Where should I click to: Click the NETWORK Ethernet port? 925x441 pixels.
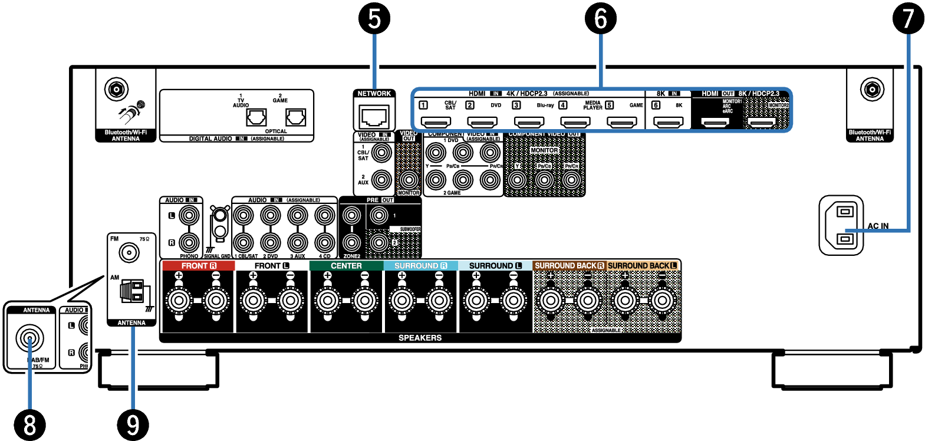pos(374,117)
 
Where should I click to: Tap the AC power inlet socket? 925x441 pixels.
pos(841,225)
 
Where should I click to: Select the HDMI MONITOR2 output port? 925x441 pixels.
pos(761,123)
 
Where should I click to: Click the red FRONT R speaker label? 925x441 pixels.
pos(198,266)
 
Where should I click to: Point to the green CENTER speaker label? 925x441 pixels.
pos(346,266)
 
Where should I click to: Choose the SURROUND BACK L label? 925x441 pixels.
pos(643,266)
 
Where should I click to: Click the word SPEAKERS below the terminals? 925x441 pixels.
pos(420,338)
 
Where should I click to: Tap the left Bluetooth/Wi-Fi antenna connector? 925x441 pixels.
pos(117,90)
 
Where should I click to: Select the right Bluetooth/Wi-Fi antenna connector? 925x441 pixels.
pos(872,90)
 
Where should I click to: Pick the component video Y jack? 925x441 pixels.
pos(517,180)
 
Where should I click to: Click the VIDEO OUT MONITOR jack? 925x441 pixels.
pos(409,180)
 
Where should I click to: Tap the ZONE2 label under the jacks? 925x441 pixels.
pos(351,256)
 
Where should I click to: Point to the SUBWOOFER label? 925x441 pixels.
pos(410,229)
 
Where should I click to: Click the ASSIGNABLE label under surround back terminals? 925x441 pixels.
pos(606,330)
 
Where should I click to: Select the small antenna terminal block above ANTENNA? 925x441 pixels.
pos(132,291)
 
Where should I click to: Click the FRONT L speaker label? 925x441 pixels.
pos(272,266)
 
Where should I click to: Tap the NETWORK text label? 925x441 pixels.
pos(374,94)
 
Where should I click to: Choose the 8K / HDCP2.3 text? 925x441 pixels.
pos(759,94)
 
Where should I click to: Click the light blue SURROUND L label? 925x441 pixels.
pos(495,266)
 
